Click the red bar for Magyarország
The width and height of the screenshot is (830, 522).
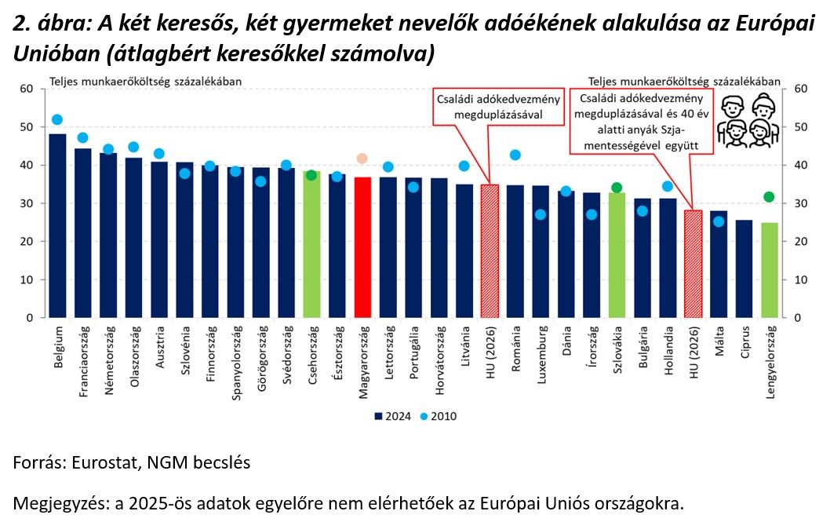pos(362,247)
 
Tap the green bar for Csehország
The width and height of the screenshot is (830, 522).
pos(311,244)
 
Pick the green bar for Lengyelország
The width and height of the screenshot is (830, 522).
pos(770,270)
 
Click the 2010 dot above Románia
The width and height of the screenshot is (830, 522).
pos(515,155)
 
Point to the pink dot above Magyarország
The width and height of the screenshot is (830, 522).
pos(362,159)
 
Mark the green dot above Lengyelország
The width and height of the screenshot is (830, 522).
pos(770,197)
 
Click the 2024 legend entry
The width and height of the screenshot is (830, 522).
pos(389,416)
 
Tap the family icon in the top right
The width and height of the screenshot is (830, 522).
pos(748,121)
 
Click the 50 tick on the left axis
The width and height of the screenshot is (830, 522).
pos(27,127)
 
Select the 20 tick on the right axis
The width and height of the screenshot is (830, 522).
pos(801,242)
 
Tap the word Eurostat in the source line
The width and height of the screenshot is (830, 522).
pos(100,462)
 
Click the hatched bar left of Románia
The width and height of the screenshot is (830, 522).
pos(490,251)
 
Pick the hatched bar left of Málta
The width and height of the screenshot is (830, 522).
pos(693,264)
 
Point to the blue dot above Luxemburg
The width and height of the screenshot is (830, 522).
pos(541,214)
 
